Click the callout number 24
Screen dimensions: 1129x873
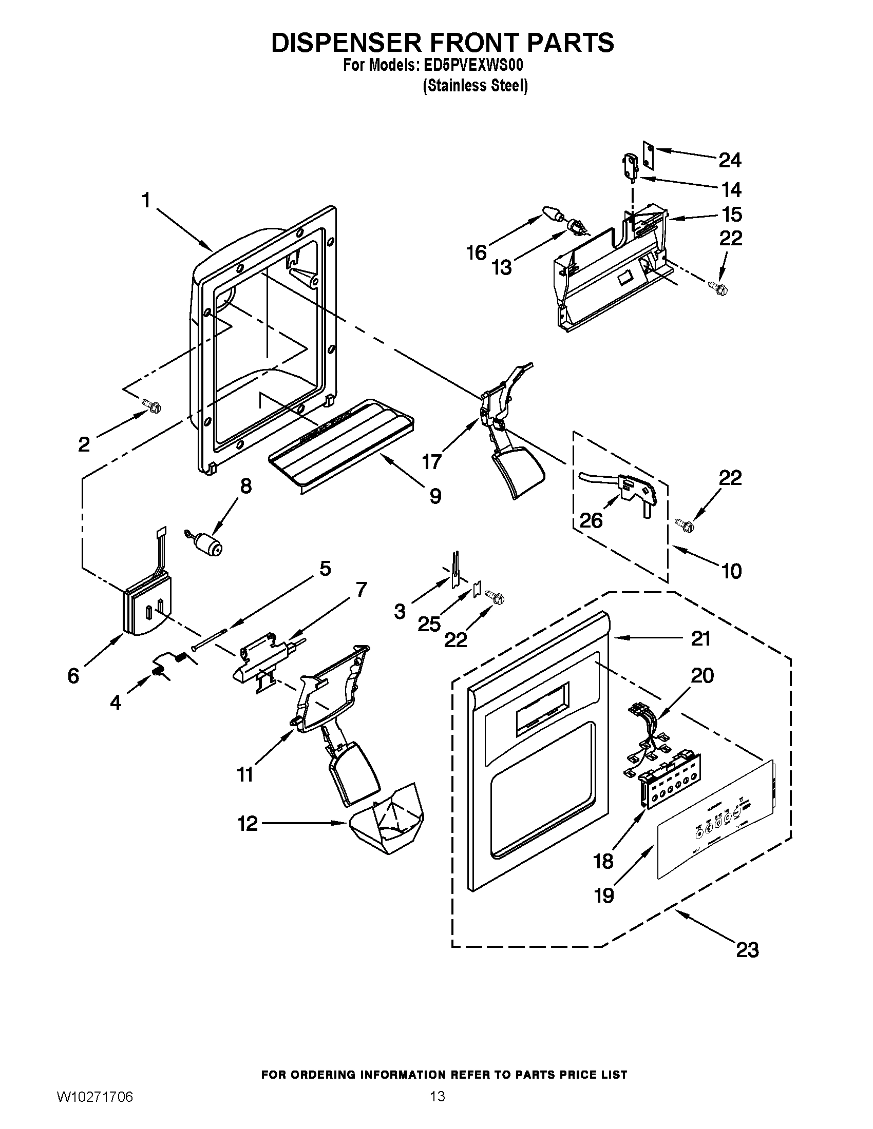pos(730,160)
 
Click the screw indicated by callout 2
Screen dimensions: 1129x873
pos(154,406)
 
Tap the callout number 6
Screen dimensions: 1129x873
pos(73,675)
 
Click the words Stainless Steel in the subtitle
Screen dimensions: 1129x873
pos(476,85)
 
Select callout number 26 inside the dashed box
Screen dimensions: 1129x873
pos(591,520)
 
